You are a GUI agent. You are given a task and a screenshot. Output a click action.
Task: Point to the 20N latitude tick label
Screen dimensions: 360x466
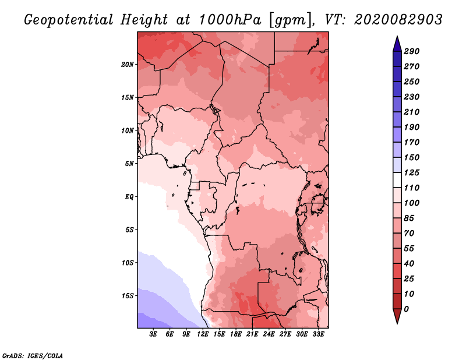tap(128, 64)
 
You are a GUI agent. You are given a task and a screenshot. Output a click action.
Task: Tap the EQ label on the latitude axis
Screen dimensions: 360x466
tap(129, 196)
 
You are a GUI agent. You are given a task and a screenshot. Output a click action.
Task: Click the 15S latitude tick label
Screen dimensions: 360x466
tap(128, 295)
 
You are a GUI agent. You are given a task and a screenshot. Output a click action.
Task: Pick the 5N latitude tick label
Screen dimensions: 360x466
tap(129, 163)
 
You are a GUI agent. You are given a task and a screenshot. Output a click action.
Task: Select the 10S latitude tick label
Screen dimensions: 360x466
tap(128, 263)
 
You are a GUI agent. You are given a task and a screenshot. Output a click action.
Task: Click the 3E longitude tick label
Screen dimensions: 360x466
tap(154, 334)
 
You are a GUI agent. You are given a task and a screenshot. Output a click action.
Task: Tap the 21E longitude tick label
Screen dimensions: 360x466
tap(252, 334)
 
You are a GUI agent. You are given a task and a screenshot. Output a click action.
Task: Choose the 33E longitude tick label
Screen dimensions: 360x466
tap(318, 334)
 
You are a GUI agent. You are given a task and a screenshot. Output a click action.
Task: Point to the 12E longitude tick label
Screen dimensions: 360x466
tap(203, 334)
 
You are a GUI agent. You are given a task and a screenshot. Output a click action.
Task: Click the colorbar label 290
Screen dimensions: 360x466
tap(412, 51)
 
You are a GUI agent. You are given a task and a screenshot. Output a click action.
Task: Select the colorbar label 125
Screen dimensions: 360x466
tap(412, 172)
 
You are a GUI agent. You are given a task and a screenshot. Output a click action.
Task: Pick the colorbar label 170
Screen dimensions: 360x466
tap(412, 142)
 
